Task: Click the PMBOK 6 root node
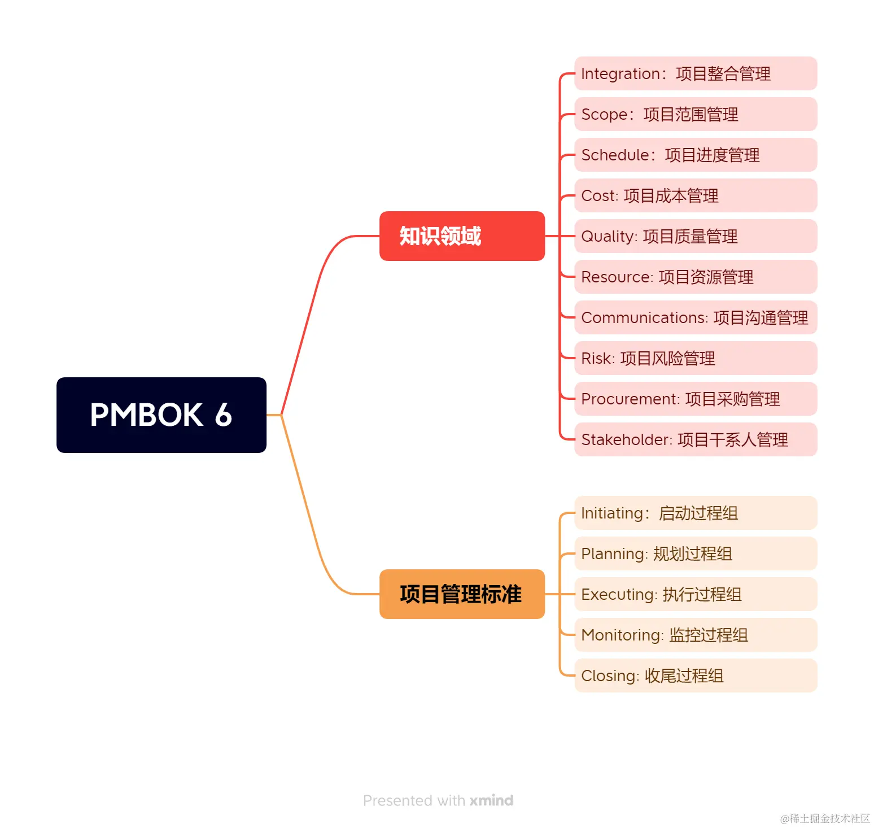tap(161, 415)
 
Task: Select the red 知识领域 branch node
tap(462, 236)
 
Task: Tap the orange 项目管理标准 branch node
tap(462, 594)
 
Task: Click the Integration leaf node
tap(695, 73)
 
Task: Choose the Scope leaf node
tap(695, 114)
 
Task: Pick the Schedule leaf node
tap(695, 155)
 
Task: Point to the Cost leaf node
tap(695, 195)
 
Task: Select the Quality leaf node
tap(695, 236)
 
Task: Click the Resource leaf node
tap(695, 277)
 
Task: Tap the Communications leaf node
tap(695, 317)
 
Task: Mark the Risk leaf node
tap(695, 358)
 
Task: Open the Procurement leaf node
tap(695, 399)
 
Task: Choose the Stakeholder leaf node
tap(695, 439)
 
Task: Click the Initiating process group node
tap(695, 513)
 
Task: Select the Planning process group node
tap(695, 554)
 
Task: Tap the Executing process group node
tap(695, 594)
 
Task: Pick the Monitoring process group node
tap(695, 635)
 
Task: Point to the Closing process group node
tap(695, 676)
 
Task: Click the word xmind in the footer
tap(491, 800)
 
